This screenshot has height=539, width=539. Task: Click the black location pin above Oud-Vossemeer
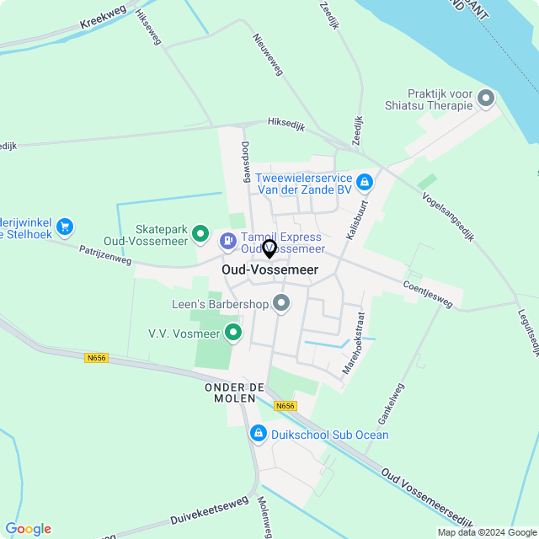(269, 249)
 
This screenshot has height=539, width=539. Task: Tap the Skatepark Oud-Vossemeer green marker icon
(200, 233)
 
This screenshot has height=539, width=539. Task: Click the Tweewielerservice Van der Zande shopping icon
(364, 181)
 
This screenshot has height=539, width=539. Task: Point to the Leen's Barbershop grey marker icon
(281, 302)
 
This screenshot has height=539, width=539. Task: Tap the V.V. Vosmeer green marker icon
(233, 333)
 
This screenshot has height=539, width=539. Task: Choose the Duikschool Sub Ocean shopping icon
(258, 434)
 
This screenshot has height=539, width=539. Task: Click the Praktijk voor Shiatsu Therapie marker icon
(486, 99)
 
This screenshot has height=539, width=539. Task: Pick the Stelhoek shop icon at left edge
(65, 226)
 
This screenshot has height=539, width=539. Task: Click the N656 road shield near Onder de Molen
(286, 406)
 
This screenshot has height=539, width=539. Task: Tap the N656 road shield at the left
(97, 358)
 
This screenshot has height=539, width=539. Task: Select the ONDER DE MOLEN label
(235, 392)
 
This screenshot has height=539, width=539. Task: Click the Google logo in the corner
(29, 529)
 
